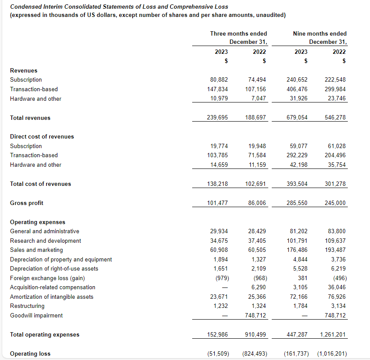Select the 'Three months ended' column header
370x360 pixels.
(x=238, y=33)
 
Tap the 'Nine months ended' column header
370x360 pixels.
(x=320, y=33)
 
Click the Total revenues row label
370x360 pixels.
(x=30, y=118)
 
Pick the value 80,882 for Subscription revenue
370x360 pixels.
(x=219, y=80)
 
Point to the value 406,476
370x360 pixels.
(x=297, y=89)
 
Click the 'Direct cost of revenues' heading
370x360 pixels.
(x=42, y=136)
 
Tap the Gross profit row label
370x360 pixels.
(x=27, y=203)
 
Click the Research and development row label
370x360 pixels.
(x=45, y=241)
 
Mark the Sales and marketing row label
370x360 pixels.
(x=36, y=250)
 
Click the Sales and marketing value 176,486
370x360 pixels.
(x=297, y=250)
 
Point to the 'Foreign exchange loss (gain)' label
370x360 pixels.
(x=47, y=278)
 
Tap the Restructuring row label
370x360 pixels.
(x=27, y=306)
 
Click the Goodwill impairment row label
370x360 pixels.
(x=36, y=316)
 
